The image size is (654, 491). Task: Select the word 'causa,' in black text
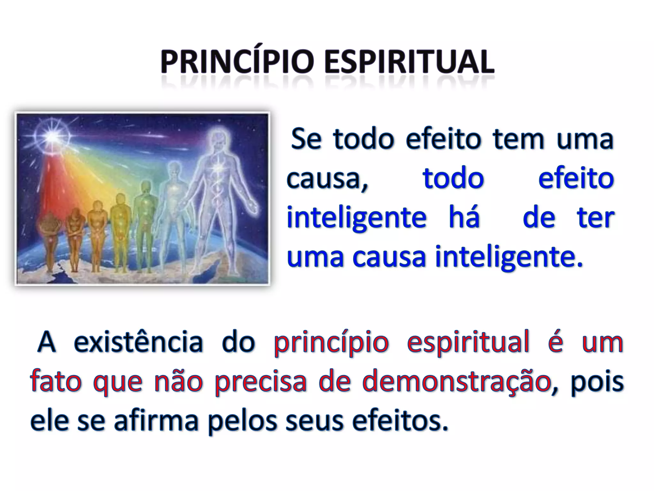327,178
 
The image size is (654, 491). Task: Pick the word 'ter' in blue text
595,218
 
